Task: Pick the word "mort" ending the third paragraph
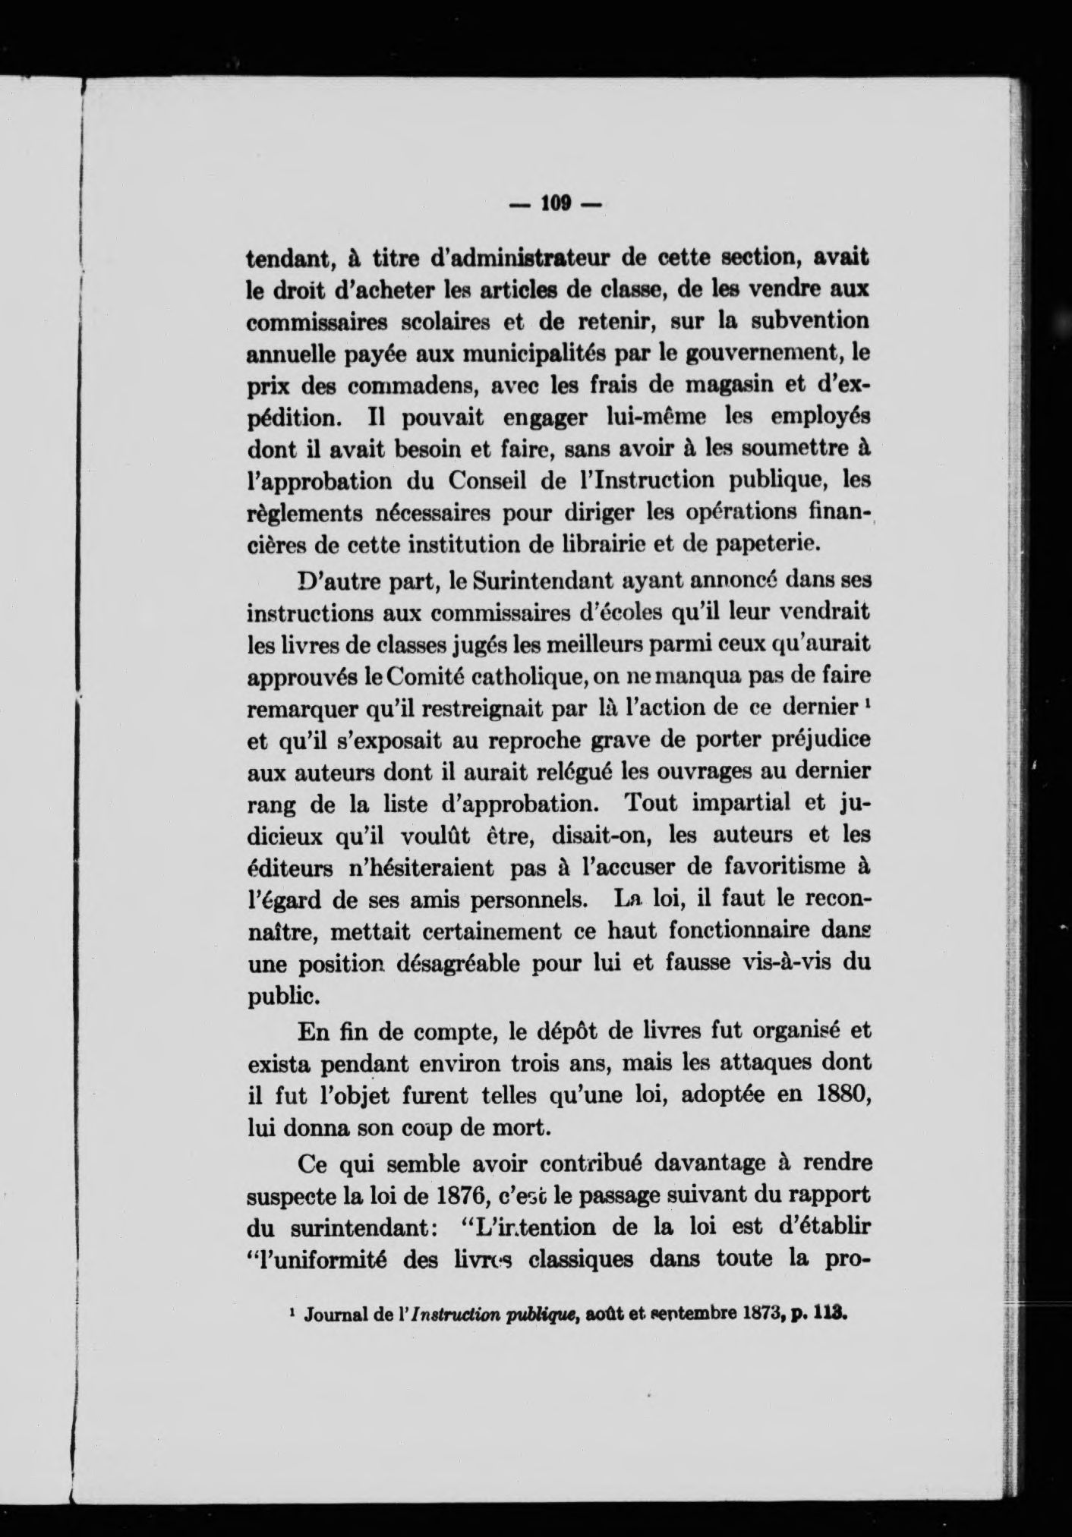click(x=519, y=1129)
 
